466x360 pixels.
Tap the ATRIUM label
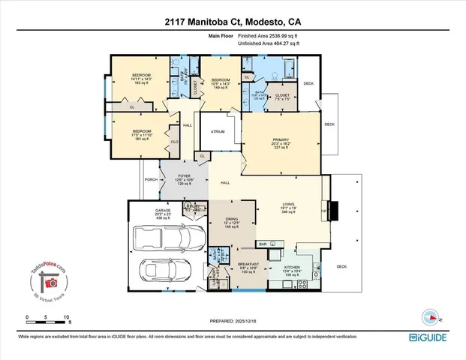(x=218, y=131)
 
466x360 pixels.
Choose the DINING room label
(x=232, y=219)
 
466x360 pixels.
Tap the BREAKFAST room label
(x=249, y=264)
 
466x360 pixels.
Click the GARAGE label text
(x=164, y=211)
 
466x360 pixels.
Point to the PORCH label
(x=150, y=179)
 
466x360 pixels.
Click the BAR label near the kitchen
(x=263, y=244)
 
